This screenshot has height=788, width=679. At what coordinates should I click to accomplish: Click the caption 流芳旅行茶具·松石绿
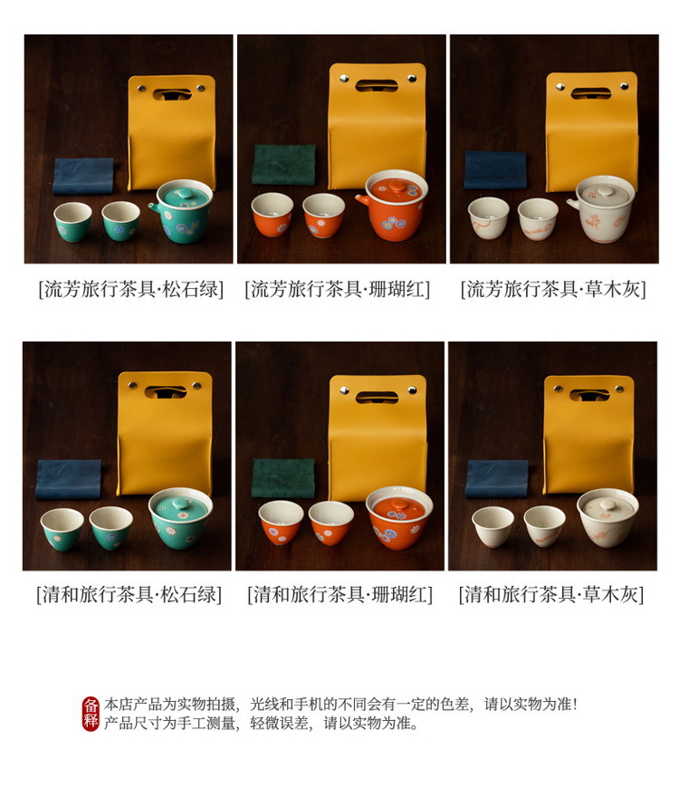point(131,290)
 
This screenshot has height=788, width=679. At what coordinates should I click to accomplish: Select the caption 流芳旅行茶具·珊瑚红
point(338,290)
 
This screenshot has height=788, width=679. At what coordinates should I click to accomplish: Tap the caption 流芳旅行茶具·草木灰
point(553,290)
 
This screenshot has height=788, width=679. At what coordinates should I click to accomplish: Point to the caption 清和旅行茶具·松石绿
point(129,594)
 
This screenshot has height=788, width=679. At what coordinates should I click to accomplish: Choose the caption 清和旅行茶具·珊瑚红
point(340,594)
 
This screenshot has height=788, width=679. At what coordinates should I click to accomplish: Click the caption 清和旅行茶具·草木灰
point(551,594)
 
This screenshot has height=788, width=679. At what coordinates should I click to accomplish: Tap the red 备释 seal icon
point(91,714)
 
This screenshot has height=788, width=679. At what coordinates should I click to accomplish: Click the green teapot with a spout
point(182,211)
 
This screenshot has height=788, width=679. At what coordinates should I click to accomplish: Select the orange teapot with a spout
point(393,206)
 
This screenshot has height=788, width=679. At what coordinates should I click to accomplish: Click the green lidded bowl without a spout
point(181,517)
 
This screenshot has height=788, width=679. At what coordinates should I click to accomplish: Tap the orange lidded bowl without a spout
point(399,517)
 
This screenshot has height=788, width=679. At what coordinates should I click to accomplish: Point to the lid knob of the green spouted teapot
point(185,193)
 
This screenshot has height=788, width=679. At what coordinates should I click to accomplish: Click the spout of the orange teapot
point(363,200)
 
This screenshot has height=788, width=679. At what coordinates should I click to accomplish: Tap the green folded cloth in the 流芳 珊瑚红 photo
point(283,165)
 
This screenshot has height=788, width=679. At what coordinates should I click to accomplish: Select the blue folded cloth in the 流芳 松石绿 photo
point(83,176)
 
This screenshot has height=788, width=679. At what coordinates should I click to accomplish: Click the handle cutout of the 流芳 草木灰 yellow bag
point(591,93)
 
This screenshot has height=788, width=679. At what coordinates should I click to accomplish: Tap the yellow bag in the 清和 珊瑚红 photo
point(378,437)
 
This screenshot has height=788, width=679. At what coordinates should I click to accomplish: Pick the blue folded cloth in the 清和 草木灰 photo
point(497,479)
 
